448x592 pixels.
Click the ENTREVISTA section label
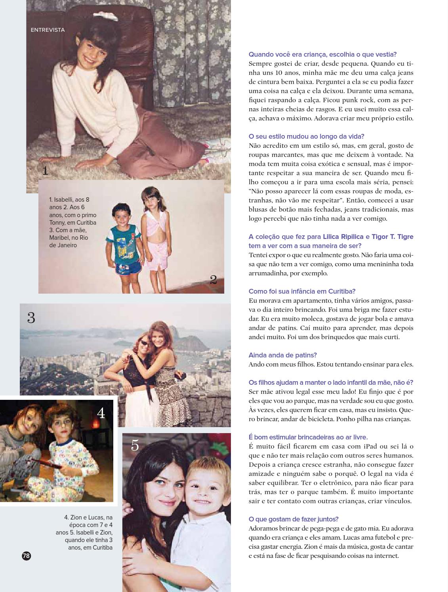[x=48, y=30]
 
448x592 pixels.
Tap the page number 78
[x=26, y=556]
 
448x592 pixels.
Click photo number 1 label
[x=45, y=171]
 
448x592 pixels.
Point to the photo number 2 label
[x=213, y=280]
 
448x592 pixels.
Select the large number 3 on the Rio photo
[x=31, y=318]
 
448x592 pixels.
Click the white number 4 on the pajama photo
[x=101, y=413]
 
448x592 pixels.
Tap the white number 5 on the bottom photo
[x=135, y=446]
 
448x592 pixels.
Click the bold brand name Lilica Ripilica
[x=343, y=237]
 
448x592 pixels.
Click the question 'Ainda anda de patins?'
[x=282, y=355]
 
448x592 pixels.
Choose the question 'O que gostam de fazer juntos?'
[x=293, y=519]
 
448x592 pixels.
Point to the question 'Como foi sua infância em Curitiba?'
[x=302, y=291]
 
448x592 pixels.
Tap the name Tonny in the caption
[x=57, y=223]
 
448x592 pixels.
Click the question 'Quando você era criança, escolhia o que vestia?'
[x=322, y=54]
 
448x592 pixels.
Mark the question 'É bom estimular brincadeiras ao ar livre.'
[x=308, y=437]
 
